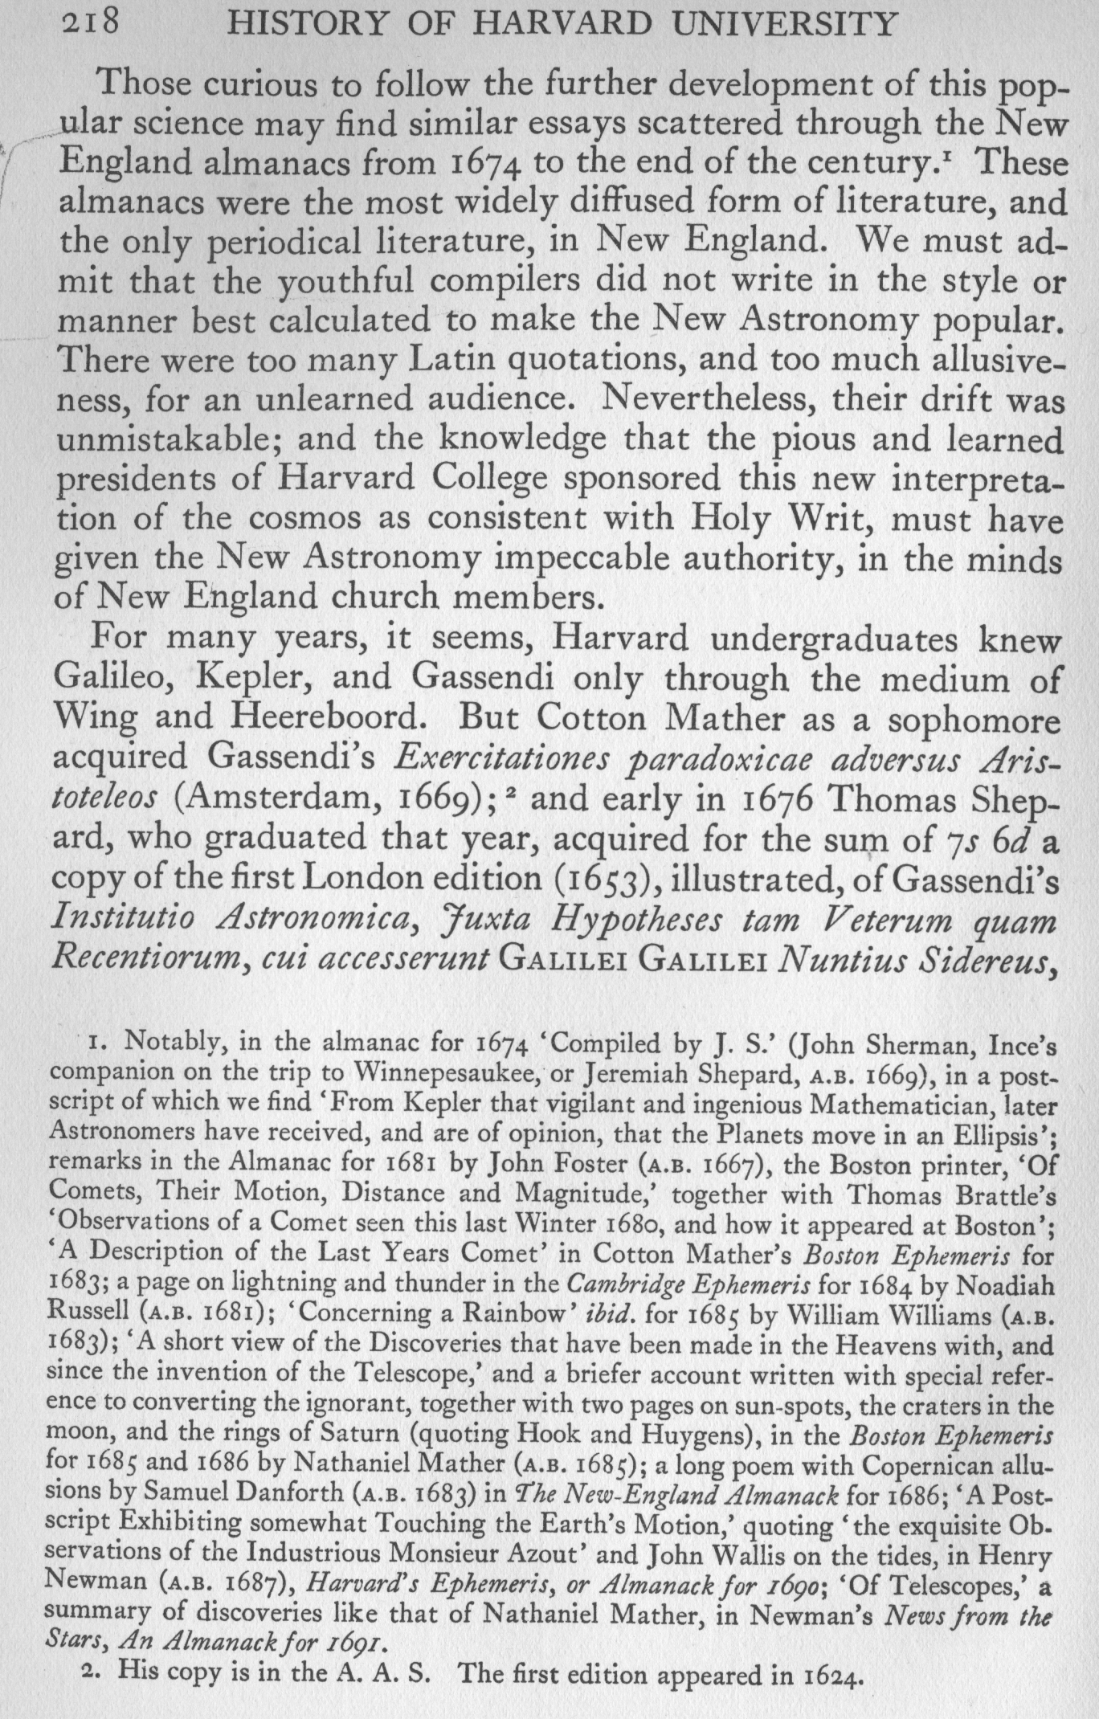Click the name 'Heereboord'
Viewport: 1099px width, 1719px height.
326,717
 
